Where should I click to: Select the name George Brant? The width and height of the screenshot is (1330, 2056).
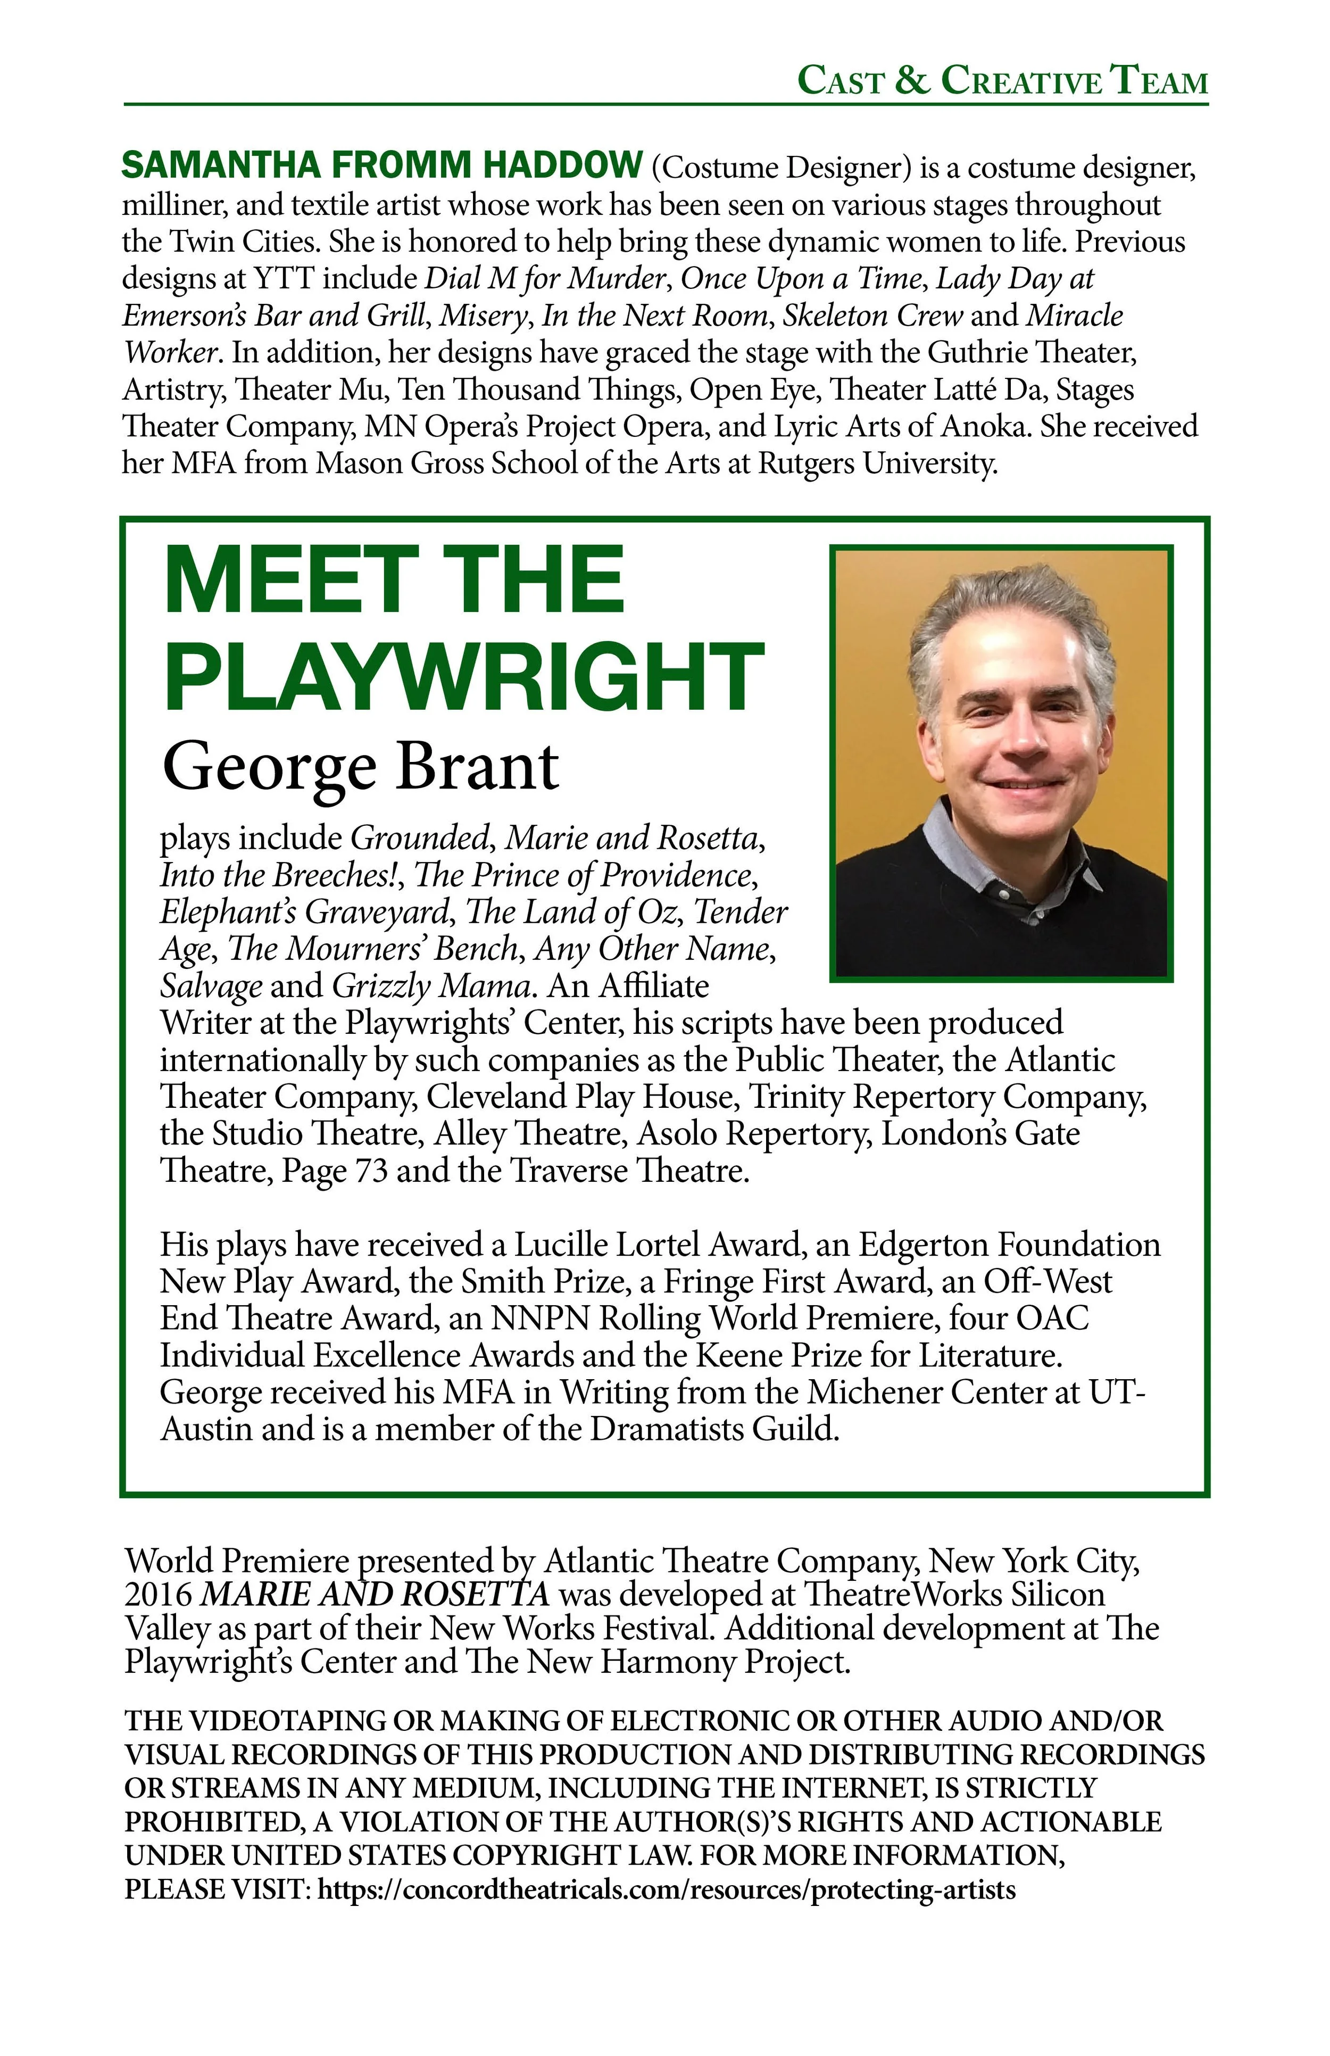[x=360, y=767]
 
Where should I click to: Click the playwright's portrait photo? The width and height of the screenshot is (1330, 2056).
[x=1001, y=764]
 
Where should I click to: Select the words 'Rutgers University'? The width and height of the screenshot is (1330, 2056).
[x=877, y=464]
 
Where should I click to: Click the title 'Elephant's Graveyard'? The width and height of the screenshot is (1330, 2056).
[x=305, y=911]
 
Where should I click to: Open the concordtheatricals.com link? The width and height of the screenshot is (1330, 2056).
[x=667, y=1889]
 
